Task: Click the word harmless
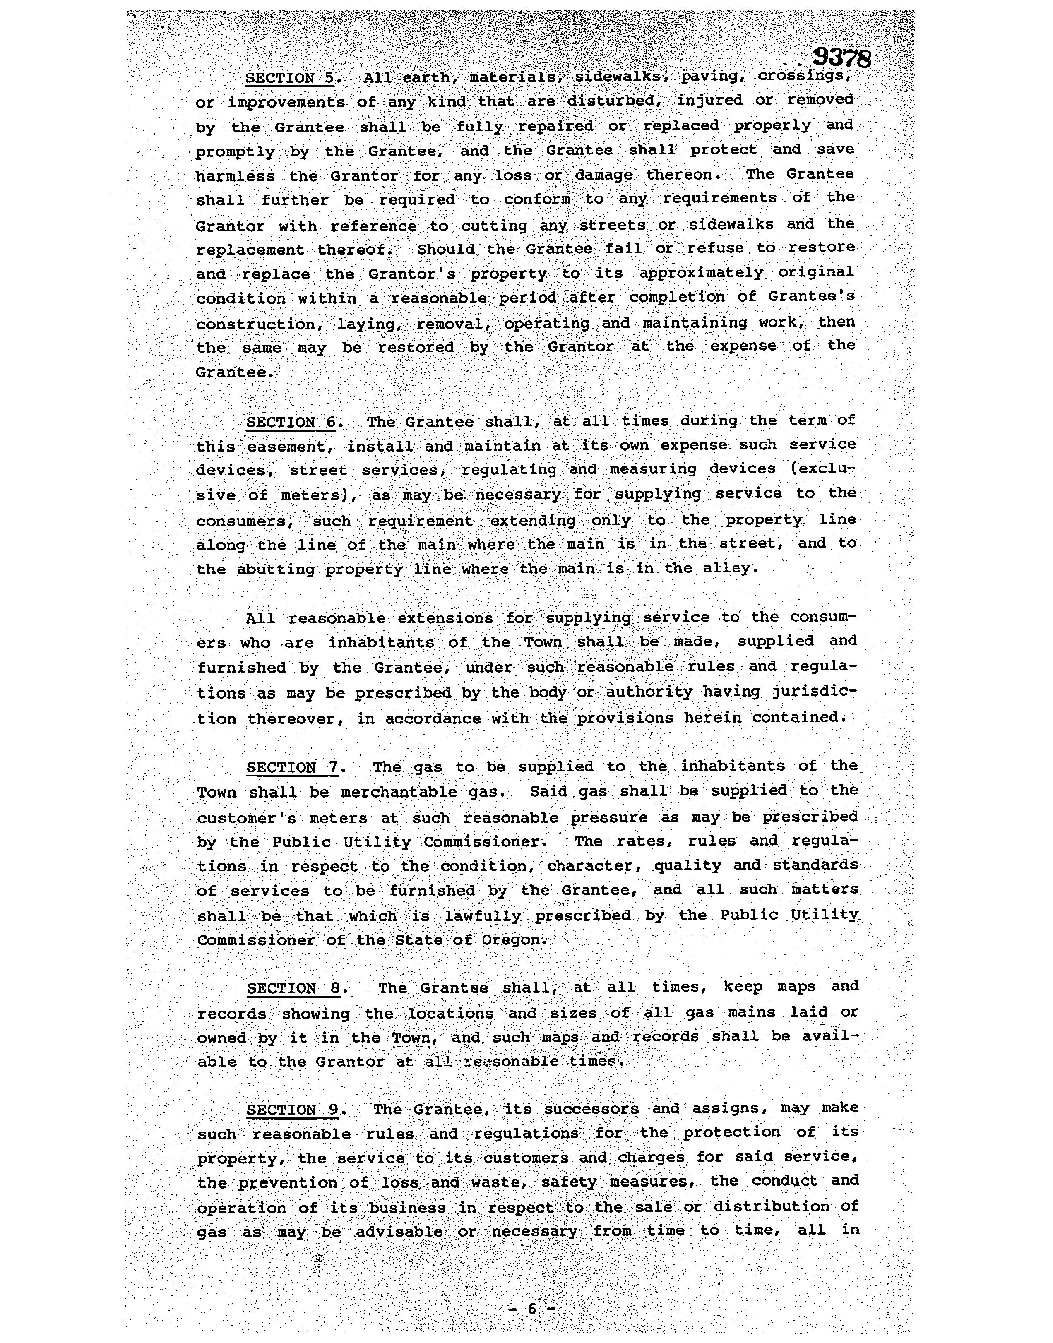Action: click(x=236, y=176)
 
